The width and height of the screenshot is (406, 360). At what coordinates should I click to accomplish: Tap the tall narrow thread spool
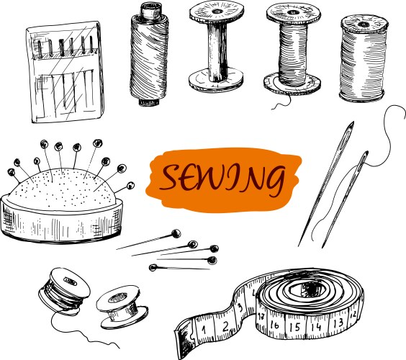(149, 53)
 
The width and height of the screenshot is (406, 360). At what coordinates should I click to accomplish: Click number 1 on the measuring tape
(204, 330)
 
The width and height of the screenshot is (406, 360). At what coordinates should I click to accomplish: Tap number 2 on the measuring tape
(225, 326)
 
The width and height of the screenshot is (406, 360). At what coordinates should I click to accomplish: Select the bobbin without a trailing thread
(119, 306)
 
